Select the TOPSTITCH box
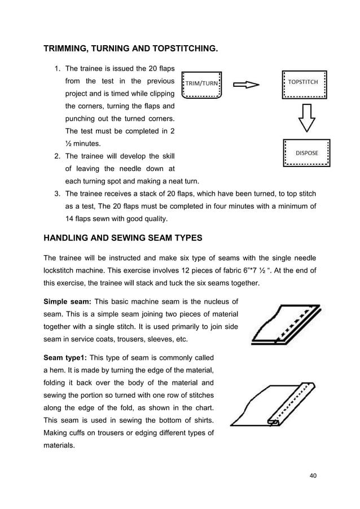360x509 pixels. coord(305,85)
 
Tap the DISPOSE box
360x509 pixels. coord(306,153)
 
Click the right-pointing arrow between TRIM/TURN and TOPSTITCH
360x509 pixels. coord(246,85)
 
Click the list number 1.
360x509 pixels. coord(57,69)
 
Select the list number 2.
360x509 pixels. coord(57,156)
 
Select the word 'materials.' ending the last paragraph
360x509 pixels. coord(62,446)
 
